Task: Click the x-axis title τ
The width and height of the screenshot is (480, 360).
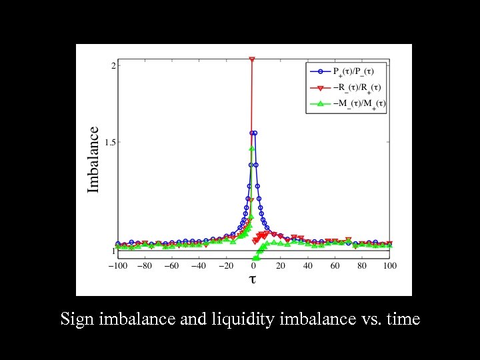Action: click(x=253, y=279)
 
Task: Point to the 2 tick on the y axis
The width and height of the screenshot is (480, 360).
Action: click(x=113, y=65)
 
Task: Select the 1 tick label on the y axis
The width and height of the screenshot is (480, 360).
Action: click(x=113, y=251)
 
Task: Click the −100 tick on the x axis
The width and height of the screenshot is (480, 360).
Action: click(x=117, y=266)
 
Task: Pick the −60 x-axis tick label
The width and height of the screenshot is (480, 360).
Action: click(x=171, y=266)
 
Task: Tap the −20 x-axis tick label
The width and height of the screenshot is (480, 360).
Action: click(x=226, y=266)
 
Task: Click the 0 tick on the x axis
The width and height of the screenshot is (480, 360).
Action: click(x=253, y=266)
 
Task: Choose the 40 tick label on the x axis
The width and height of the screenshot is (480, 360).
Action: click(x=307, y=266)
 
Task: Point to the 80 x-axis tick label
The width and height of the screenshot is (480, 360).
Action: click(x=362, y=266)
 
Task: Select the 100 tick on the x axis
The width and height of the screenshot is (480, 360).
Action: click(x=389, y=266)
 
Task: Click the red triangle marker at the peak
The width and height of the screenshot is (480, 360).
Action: click(x=252, y=60)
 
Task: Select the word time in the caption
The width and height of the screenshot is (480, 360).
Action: click(x=402, y=319)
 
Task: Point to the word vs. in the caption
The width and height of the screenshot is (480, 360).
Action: click(x=369, y=319)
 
